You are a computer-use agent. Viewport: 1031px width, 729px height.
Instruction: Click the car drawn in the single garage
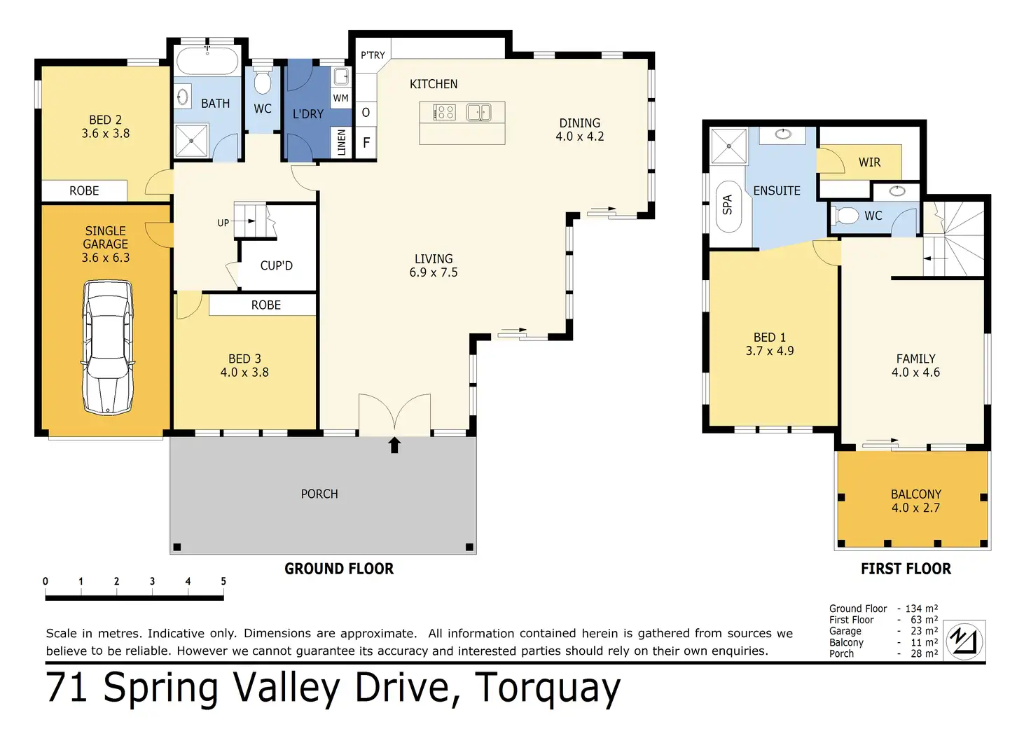108,348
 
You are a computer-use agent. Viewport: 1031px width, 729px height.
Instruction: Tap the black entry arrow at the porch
394,445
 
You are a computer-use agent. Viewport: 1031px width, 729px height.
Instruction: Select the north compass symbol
964,641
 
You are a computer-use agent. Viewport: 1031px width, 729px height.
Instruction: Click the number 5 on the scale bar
223,581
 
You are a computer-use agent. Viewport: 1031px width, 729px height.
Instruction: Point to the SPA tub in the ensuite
728,205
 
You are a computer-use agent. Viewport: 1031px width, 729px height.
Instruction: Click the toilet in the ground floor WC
263,82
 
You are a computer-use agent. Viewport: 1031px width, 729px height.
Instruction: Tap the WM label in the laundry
340,98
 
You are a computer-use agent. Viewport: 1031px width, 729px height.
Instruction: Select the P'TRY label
373,55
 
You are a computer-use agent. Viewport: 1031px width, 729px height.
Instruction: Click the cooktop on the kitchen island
445,112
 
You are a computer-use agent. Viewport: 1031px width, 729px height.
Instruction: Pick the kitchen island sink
479,112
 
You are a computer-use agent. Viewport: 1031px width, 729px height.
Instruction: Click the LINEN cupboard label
342,142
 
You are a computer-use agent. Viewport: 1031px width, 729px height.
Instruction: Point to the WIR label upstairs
869,162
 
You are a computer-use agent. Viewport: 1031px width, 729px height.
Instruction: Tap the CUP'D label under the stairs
276,265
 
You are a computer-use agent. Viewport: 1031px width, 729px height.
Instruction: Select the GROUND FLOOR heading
339,569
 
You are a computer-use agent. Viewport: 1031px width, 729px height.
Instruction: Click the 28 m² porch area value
925,653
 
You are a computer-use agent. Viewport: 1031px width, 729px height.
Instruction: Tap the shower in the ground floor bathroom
191,140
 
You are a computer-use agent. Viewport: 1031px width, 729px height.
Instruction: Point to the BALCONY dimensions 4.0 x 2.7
915,508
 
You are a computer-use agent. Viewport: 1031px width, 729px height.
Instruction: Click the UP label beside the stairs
223,223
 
